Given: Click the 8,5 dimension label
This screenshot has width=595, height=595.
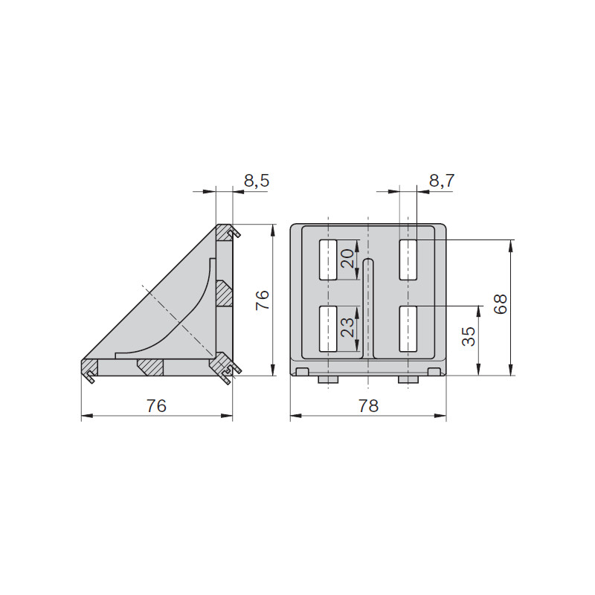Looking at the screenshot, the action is [x=257, y=181].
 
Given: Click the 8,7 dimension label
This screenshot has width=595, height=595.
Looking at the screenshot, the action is [x=442, y=181].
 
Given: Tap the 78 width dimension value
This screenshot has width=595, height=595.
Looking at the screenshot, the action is [x=368, y=406].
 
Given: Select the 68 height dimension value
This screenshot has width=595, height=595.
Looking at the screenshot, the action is [x=500, y=303].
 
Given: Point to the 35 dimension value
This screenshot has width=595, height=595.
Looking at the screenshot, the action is [x=469, y=336].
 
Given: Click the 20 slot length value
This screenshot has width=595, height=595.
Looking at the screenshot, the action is [x=347, y=259].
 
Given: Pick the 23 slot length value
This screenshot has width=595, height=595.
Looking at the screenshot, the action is [x=347, y=327].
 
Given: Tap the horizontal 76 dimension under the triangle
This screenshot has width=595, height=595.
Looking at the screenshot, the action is [x=156, y=406].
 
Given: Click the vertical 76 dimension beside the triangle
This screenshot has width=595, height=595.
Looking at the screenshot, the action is [x=262, y=300].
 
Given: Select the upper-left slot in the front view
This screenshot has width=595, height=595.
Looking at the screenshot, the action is [x=328, y=260].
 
